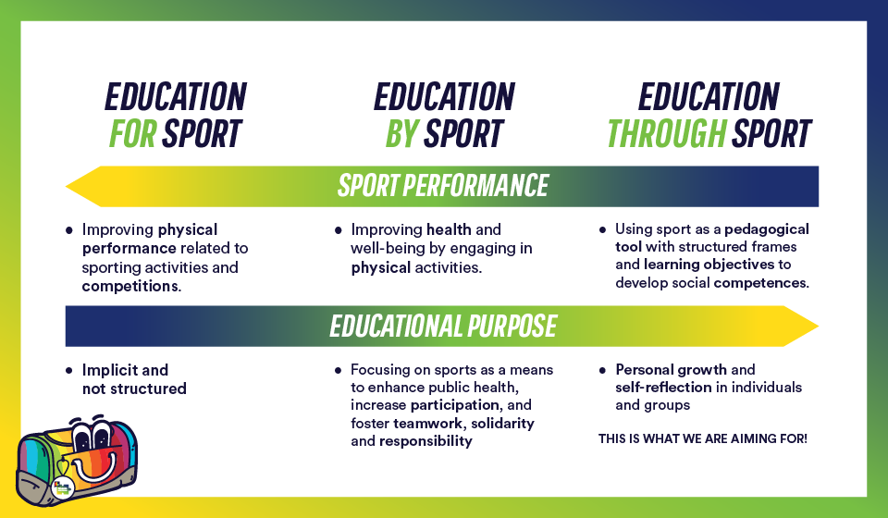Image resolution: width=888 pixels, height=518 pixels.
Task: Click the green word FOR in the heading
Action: [132, 133]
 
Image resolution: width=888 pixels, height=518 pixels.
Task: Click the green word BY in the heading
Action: [401, 133]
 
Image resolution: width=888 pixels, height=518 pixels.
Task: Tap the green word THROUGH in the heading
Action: [667, 133]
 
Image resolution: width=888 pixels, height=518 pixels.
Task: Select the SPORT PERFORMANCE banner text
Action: [443, 186]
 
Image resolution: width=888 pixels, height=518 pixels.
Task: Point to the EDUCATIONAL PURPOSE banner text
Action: [443, 327]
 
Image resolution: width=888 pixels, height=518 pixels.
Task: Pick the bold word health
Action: [449, 229]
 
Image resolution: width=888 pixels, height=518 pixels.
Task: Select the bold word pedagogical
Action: [767, 229]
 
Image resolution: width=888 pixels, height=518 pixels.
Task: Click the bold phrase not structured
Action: [134, 388]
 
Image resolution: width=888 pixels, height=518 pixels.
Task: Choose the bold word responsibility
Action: [425, 441]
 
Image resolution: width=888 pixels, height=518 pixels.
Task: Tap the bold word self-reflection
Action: [663, 388]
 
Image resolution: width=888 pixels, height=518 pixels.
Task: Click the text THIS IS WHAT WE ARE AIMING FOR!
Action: [703, 438]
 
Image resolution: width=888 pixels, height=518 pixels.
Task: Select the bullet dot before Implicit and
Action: [69, 371]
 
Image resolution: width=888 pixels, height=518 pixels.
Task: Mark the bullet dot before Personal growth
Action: [602, 371]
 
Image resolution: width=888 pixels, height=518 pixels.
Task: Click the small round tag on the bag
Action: [62, 487]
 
